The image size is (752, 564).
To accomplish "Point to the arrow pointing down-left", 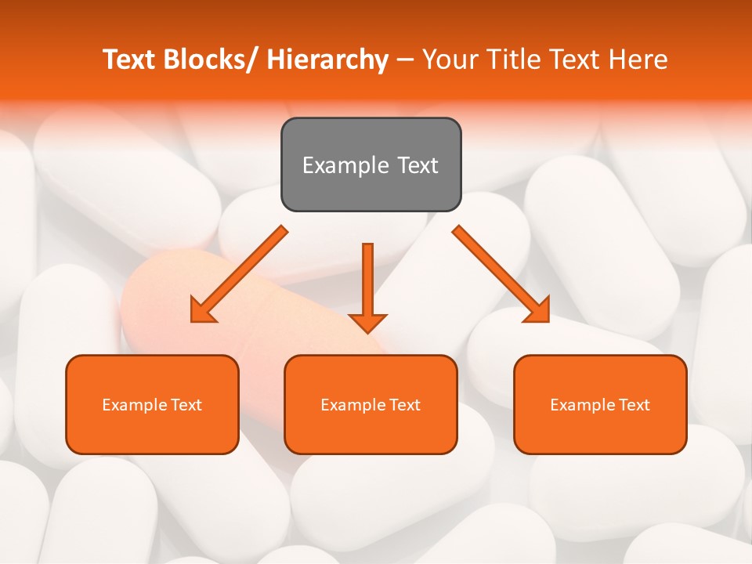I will pyautogui.click(x=239, y=274).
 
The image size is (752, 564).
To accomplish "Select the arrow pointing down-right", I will pyautogui.click(x=501, y=274).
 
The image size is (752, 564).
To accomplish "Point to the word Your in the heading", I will pyautogui.click(x=450, y=60).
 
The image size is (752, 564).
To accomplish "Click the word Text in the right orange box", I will pyautogui.click(x=633, y=405).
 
